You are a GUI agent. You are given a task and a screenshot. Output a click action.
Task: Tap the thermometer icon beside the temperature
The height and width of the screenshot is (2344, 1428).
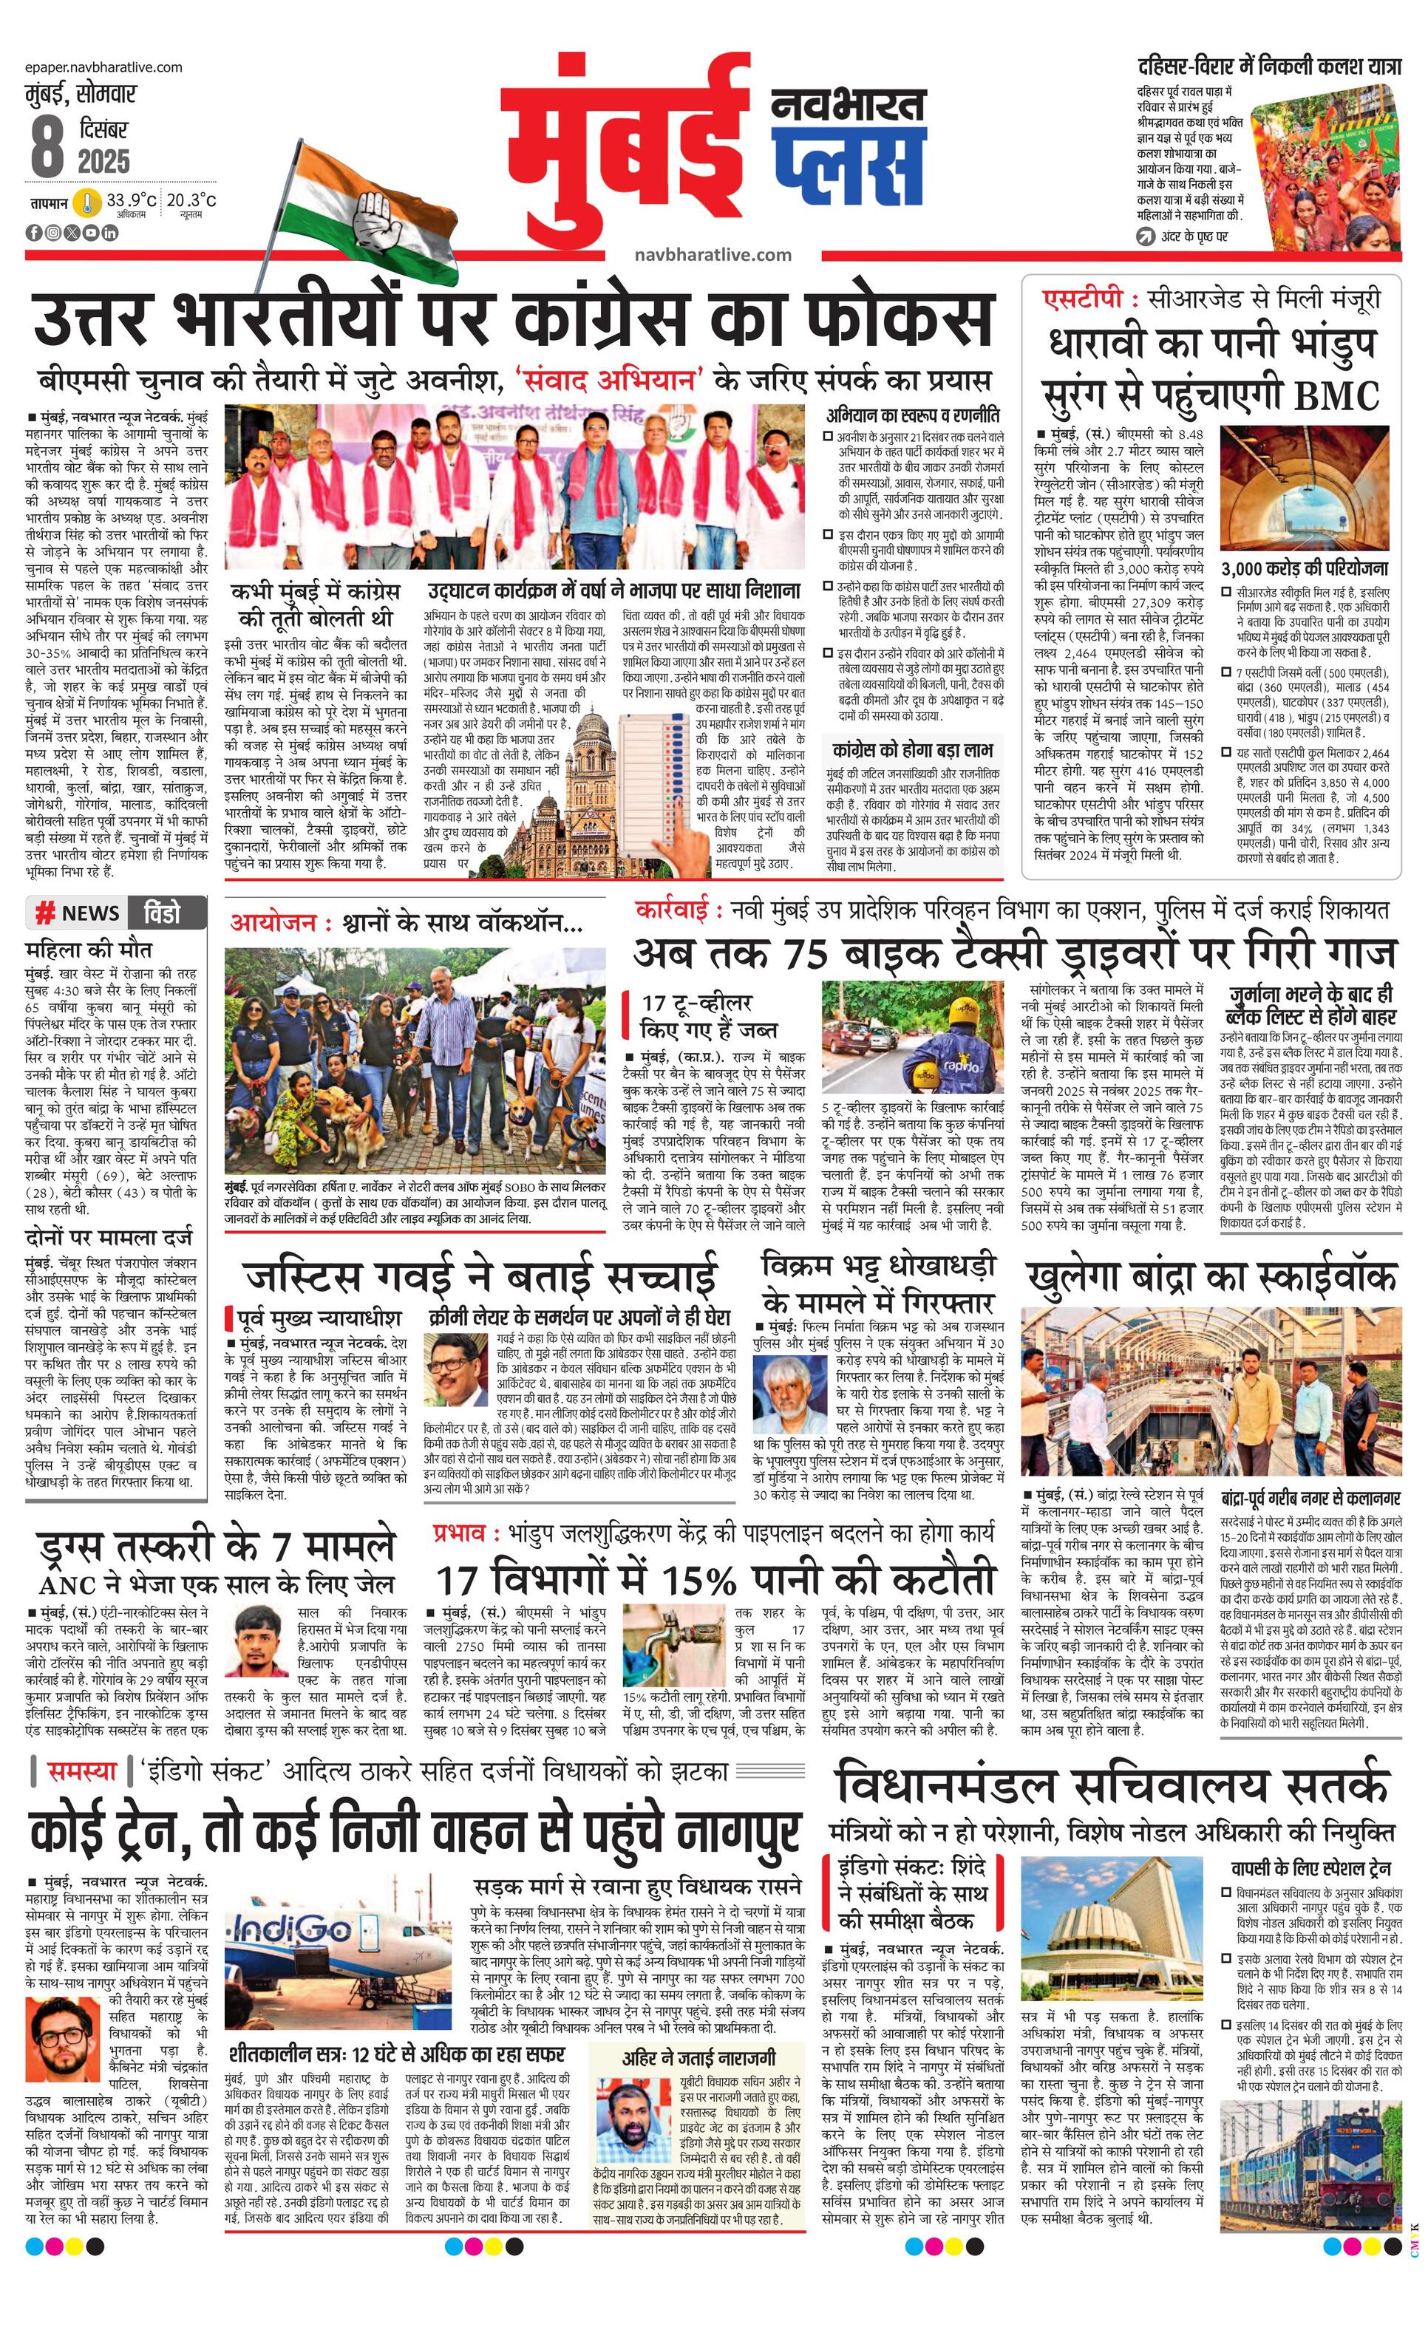[x=86, y=202]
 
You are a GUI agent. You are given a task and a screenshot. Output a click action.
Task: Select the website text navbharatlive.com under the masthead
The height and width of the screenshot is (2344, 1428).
[x=713, y=254]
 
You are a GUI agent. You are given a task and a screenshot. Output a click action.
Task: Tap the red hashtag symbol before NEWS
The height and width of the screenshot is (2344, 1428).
[x=44, y=914]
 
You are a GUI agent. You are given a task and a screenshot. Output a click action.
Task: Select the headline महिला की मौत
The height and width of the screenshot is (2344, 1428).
[x=89, y=950]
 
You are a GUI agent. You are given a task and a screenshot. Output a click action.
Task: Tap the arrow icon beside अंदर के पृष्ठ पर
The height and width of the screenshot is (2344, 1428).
[x=1146, y=236]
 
